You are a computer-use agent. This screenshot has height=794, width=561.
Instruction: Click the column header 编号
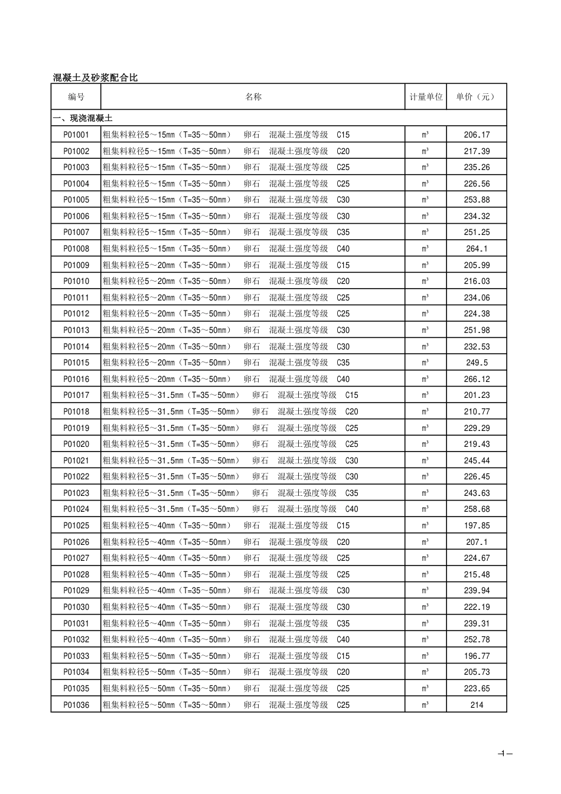[x=76, y=97]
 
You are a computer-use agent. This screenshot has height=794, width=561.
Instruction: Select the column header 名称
[x=253, y=97]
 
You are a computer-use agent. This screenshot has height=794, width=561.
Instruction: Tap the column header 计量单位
[x=426, y=97]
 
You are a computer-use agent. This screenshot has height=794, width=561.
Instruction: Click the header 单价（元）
[x=476, y=97]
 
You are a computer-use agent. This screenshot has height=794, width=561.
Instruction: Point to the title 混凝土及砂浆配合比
[x=95, y=77]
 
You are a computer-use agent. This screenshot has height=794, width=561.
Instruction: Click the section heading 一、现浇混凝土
[x=83, y=118]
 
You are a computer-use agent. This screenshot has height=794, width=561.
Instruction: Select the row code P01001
[x=76, y=135]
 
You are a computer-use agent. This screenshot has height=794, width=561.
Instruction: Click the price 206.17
[x=477, y=135]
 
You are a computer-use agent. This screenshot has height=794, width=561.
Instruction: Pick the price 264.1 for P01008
[x=477, y=249]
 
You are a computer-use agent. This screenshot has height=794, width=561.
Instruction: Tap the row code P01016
[x=76, y=379]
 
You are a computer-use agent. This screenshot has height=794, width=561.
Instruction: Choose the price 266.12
[x=477, y=379]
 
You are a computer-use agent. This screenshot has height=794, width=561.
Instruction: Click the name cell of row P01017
[x=230, y=395]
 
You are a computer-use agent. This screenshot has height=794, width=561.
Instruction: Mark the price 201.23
[x=477, y=395]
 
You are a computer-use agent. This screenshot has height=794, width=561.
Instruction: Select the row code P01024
[x=76, y=509]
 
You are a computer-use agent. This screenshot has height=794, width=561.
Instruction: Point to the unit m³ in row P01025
[x=425, y=525]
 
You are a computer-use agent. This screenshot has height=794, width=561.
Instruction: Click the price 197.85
[x=477, y=525]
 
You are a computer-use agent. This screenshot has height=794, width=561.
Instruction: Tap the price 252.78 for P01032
[x=477, y=639]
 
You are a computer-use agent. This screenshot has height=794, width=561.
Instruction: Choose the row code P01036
[x=76, y=704]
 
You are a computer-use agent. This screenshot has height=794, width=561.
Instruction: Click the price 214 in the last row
[x=477, y=704]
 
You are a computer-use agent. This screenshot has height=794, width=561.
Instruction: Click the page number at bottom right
[x=504, y=753]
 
